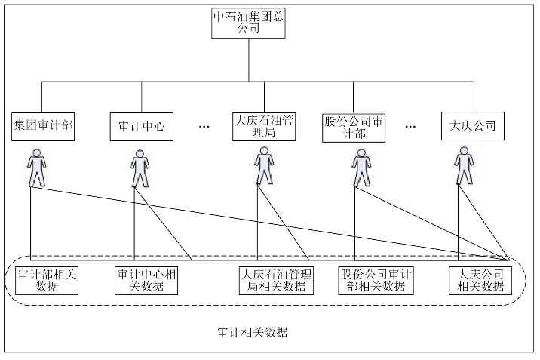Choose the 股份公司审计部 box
[354, 125]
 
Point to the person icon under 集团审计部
[37, 169]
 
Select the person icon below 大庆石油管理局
[263, 165]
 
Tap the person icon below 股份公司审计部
[359, 167]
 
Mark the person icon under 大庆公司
[464, 167]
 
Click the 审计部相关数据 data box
[47, 280]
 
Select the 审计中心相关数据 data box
[147, 280]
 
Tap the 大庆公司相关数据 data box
[476, 280]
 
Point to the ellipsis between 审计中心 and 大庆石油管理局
[204, 127]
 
